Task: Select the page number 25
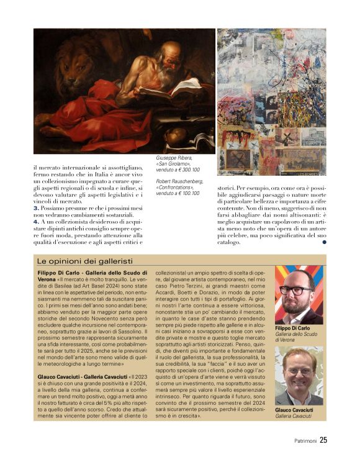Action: click(323, 441)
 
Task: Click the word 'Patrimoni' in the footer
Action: click(305, 442)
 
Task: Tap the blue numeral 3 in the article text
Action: click(36, 208)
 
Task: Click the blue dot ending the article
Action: click(323, 243)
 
